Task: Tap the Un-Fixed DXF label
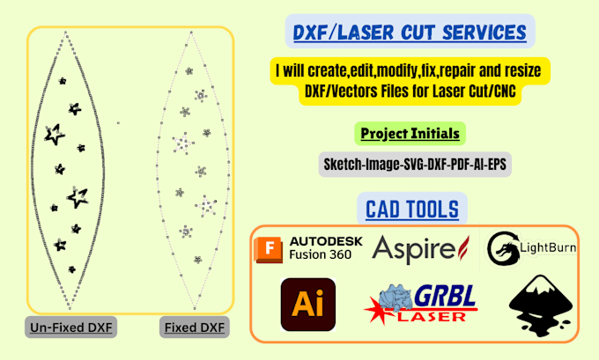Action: pyautogui.click(x=72, y=328)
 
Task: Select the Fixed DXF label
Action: pyautogui.click(x=194, y=328)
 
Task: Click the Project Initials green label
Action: pyautogui.click(x=411, y=134)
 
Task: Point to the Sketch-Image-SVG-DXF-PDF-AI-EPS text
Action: pyautogui.click(x=411, y=165)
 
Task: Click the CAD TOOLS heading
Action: pyautogui.click(x=412, y=209)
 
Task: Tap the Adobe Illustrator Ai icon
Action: pyautogui.click(x=307, y=305)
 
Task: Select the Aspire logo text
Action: pyautogui.click(x=410, y=249)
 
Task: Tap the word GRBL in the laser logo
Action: pyautogui.click(x=445, y=297)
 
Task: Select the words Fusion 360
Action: pyautogui.click(x=320, y=255)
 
